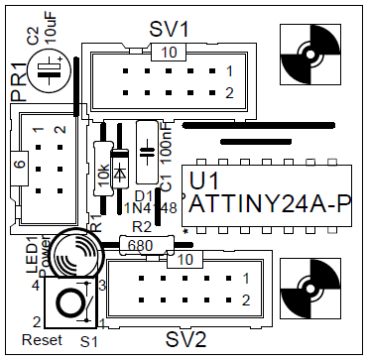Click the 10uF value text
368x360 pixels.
click(49, 29)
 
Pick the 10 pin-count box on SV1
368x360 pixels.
click(171, 53)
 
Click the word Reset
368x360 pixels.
click(42, 340)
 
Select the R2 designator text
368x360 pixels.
click(141, 227)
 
